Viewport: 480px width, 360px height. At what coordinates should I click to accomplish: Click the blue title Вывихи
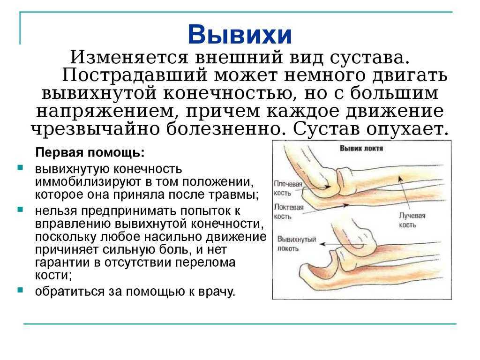coord(240,34)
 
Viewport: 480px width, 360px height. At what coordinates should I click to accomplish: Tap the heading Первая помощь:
coord(90,152)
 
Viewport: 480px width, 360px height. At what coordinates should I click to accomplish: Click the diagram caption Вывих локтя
coord(361,149)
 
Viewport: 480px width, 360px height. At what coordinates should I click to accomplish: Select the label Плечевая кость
coord(287,188)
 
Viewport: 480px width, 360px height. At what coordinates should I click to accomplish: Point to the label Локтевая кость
coord(288,212)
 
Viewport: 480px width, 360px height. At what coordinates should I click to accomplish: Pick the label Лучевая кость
coord(412,220)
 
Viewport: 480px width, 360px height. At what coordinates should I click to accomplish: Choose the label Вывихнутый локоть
coord(296,244)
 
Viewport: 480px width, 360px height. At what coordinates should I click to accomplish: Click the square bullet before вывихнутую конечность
coord(21,167)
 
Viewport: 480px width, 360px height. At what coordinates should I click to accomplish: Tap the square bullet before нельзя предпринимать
coord(21,210)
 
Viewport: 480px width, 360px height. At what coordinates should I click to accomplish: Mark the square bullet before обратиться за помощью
coord(21,290)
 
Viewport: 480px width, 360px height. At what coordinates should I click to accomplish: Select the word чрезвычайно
coord(96,129)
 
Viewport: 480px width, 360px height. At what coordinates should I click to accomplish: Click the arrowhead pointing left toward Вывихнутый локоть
coord(322,244)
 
